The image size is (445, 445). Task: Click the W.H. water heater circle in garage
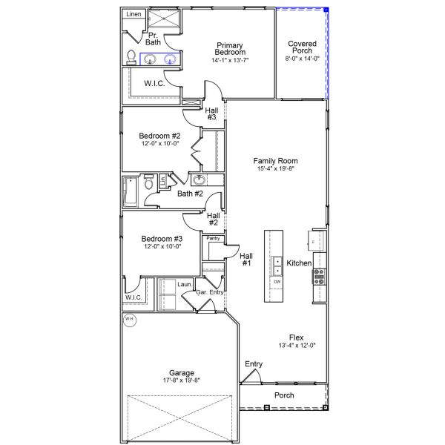[x=130, y=320]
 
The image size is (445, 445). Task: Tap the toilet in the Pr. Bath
[x=131, y=57]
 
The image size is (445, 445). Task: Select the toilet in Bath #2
[x=149, y=182]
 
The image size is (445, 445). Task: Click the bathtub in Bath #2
[x=131, y=192]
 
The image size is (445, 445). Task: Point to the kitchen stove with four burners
[x=319, y=277]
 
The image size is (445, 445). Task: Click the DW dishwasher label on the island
[x=277, y=282]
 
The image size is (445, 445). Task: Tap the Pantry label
[x=213, y=238]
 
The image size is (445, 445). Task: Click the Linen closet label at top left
[x=133, y=14]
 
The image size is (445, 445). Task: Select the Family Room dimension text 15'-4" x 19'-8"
[x=275, y=168]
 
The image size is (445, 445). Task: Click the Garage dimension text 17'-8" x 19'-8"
[x=182, y=380]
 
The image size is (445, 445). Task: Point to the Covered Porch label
[x=302, y=47]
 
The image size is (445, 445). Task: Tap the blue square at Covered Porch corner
[x=326, y=10]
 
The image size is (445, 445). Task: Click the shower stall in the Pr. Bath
[x=165, y=19]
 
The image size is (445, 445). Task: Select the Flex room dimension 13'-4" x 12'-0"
[x=297, y=346]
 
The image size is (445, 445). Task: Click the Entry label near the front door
[x=254, y=364]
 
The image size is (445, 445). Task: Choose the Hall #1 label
[x=246, y=260]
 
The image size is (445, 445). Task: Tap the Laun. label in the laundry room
[x=185, y=284]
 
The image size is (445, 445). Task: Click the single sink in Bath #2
[x=199, y=180]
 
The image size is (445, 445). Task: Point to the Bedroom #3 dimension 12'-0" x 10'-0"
[x=162, y=246]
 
